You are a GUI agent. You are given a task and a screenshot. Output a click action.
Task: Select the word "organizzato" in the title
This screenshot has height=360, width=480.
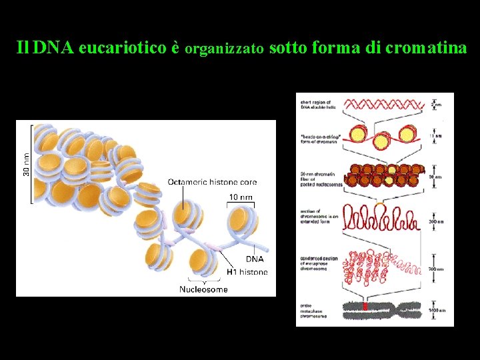tap(227, 49)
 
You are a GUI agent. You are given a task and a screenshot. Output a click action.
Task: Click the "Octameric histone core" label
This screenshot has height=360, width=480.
tap(212, 182)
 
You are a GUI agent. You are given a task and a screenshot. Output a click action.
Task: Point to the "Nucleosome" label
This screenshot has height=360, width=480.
tap(203, 289)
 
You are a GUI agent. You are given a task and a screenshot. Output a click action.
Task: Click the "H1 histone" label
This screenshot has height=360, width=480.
tap(247, 271)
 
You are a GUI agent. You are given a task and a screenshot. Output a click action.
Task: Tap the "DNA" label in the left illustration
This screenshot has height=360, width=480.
tap(255, 259)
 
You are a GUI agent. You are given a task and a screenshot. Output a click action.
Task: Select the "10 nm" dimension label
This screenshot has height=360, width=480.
tap(241, 197)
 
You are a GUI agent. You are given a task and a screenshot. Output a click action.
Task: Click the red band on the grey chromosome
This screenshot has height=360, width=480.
tap(365, 307)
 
